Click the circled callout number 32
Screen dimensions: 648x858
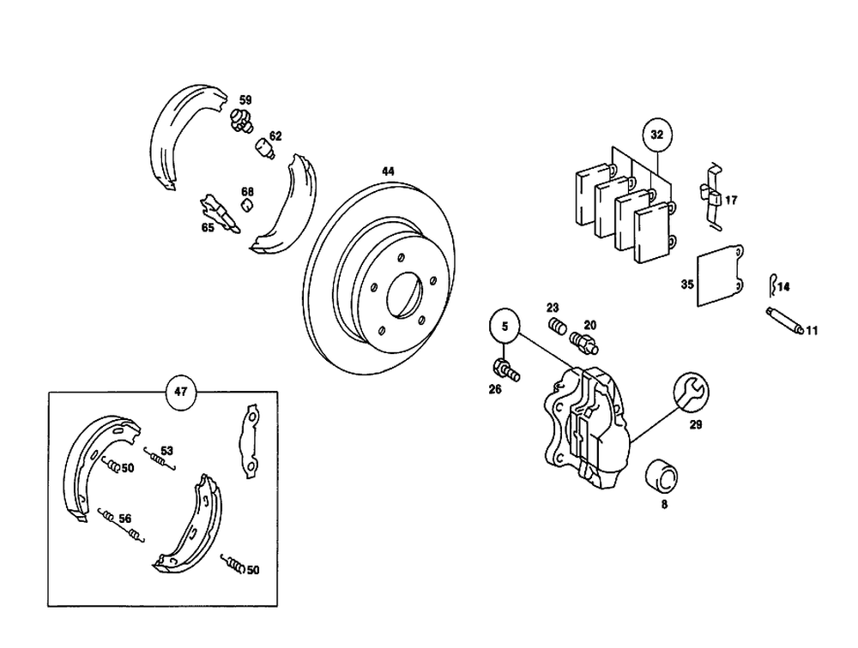(x=656, y=135)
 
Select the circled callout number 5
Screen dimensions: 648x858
(x=505, y=326)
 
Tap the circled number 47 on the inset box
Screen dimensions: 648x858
(x=180, y=391)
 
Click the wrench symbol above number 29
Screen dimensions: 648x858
(x=692, y=393)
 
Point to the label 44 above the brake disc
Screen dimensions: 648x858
(x=388, y=172)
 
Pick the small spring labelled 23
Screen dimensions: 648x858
(x=556, y=327)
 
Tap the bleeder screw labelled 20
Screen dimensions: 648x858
(x=585, y=342)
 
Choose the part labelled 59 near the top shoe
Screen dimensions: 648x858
(x=243, y=120)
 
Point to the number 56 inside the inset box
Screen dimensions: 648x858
(x=124, y=518)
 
